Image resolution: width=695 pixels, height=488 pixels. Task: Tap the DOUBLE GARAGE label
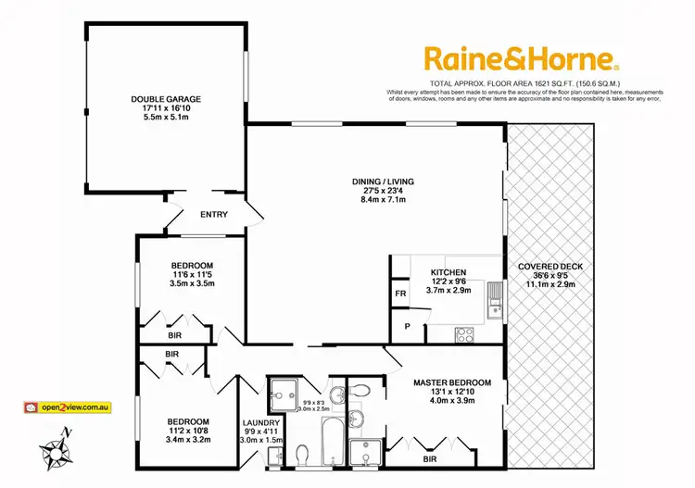pyautogui.click(x=166, y=99)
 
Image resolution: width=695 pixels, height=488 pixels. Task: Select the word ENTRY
pyautogui.click(x=214, y=215)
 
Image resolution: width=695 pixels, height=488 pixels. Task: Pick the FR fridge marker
pyautogui.click(x=399, y=294)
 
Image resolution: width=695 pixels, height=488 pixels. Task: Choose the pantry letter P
pyautogui.click(x=407, y=326)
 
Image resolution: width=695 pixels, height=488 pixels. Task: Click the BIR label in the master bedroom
pyautogui.click(x=428, y=458)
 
